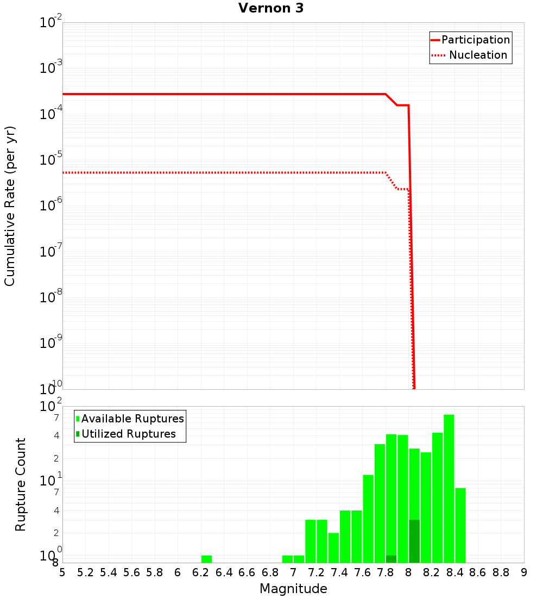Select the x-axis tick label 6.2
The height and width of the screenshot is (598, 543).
200,572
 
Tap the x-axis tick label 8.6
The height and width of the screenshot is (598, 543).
477,572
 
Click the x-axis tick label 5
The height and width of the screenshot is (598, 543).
62,572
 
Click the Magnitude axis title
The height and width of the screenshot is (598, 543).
293,589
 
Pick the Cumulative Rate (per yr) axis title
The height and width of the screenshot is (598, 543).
10,205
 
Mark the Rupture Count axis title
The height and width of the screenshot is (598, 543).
21,484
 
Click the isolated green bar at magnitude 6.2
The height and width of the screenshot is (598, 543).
206,559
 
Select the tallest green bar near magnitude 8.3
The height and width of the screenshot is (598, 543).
449,489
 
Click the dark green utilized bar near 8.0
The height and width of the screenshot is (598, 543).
414,541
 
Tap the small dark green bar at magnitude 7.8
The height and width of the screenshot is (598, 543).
391,559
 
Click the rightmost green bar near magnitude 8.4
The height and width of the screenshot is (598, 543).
460,525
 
